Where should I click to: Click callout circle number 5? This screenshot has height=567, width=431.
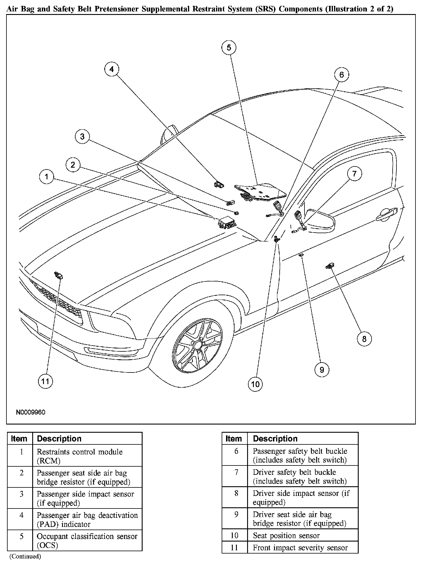pos(229,47)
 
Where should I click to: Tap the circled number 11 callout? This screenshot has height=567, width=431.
pos(45,381)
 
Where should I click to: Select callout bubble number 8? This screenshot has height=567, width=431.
pos(364,339)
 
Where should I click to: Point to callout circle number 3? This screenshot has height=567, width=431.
pos(82,136)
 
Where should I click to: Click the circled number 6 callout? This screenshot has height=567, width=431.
pos(342,75)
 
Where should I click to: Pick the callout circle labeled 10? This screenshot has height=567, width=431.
pos(255,384)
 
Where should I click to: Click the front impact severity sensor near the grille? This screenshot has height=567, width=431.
pos(59,275)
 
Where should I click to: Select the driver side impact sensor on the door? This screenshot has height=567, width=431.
pos(329,266)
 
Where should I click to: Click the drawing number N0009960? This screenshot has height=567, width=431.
pos(30,413)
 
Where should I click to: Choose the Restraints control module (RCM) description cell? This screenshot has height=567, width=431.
pos(87,456)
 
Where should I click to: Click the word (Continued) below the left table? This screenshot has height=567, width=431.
pos(25,556)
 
